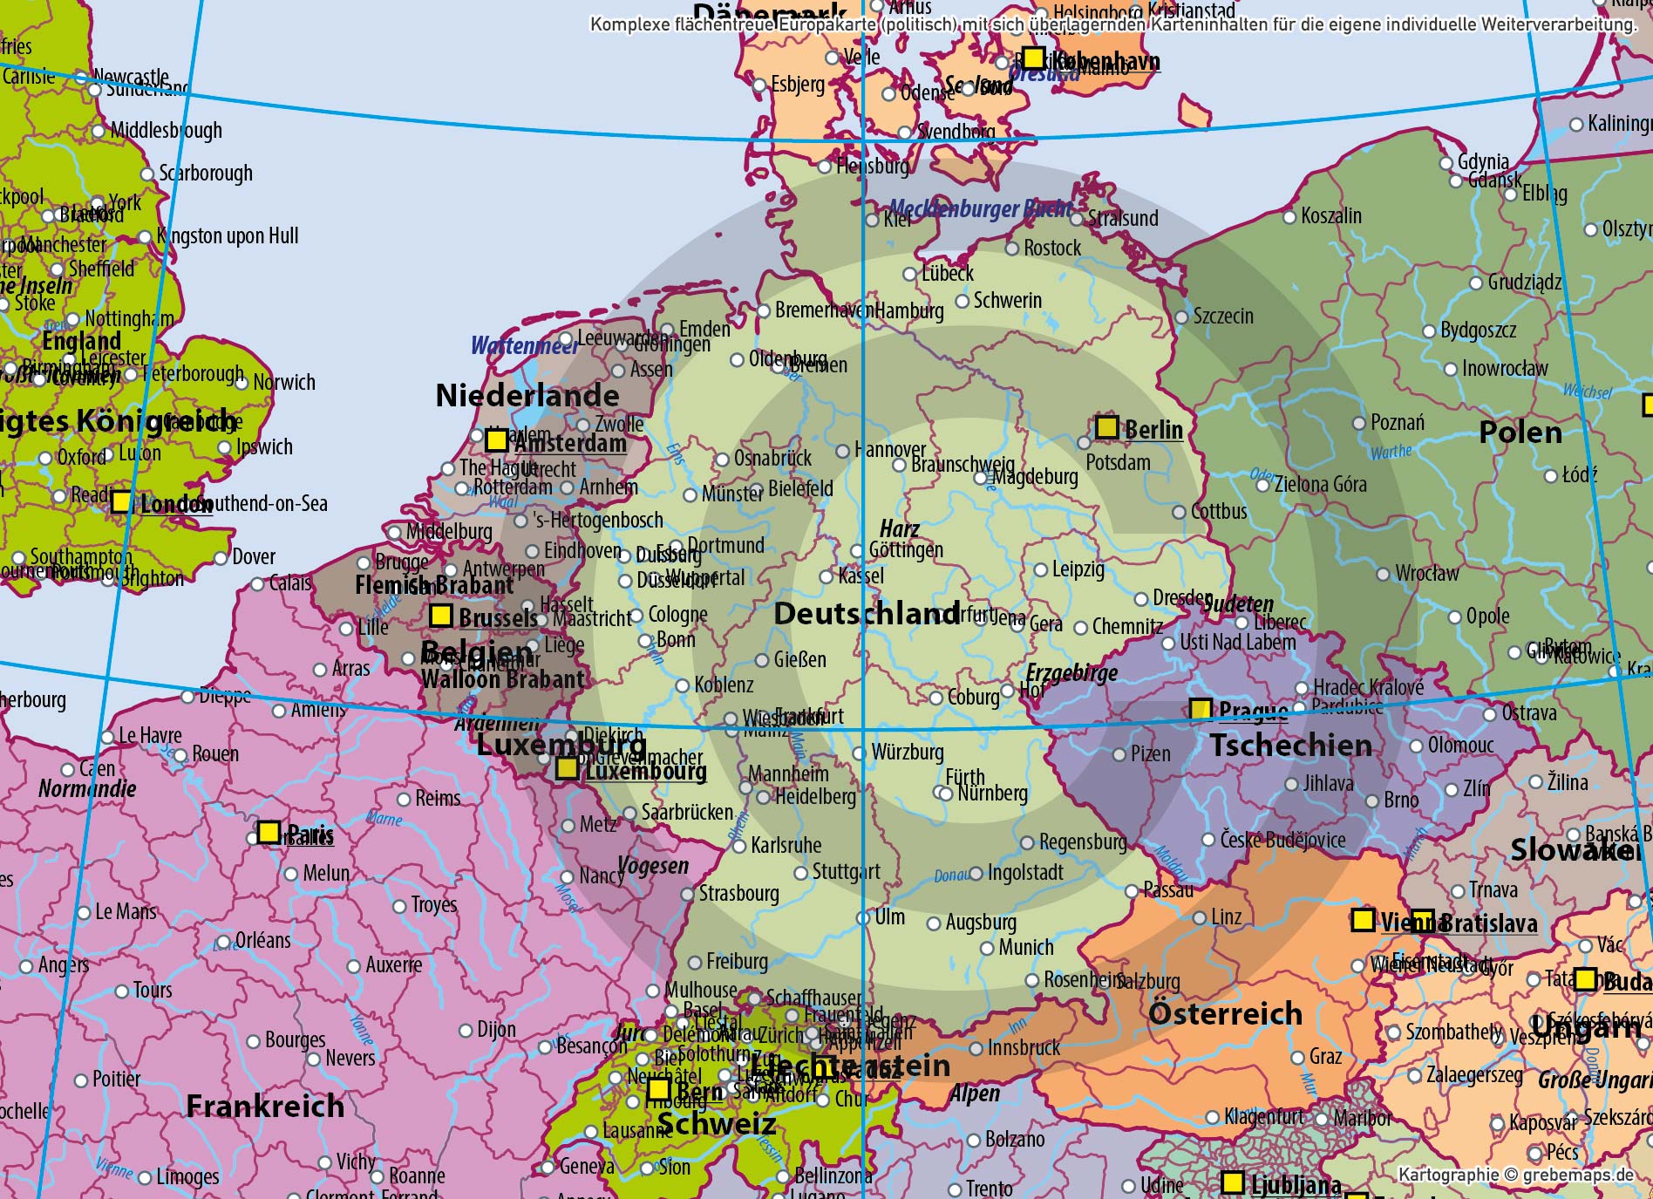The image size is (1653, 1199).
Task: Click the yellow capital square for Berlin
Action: (1106, 426)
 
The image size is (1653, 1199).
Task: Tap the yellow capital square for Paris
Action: (269, 831)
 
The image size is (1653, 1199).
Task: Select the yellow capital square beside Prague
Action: (1201, 709)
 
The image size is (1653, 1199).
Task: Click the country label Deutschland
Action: (867, 614)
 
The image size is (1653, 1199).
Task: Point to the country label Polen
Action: (1520, 433)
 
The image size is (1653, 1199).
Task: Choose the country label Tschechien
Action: (1290, 746)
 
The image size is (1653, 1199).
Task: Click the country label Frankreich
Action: (265, 1106)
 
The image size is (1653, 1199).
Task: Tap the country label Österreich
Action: (1225, 1013)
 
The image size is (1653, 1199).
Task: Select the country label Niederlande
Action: (527, 396)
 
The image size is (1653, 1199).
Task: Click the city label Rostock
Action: (1051, 249)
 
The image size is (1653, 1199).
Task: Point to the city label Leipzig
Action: (1078, 569)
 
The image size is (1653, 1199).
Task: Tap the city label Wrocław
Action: (1426, 574)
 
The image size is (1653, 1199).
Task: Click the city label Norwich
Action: (283, 382)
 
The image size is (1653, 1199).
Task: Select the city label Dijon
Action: (495, 1030)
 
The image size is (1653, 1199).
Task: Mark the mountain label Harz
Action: (899, 529)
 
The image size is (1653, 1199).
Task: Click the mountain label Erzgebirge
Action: (1071, 672)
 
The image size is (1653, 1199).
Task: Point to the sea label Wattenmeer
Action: (523, 346)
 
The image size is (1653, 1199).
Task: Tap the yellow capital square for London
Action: (121, 501)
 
